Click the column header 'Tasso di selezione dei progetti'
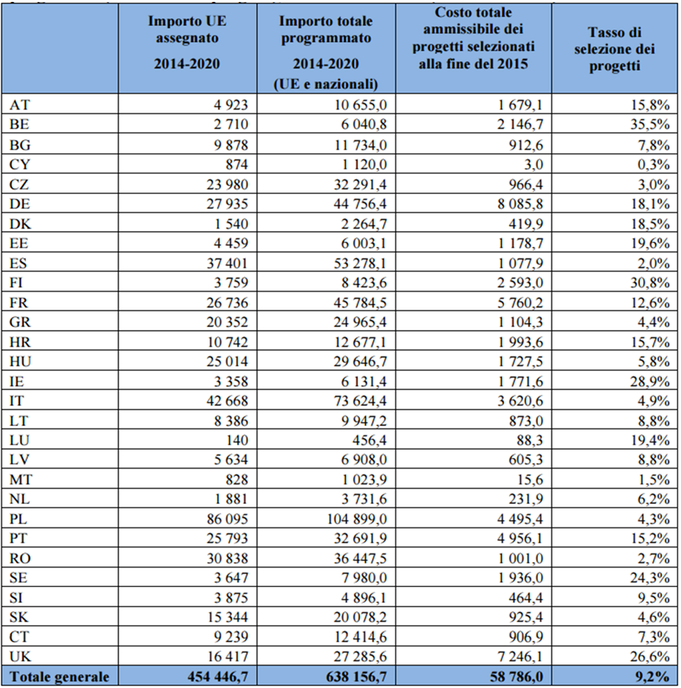tap(613, 49)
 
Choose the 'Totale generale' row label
tap(59, 676)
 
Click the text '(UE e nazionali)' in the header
tap(325, 83)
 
